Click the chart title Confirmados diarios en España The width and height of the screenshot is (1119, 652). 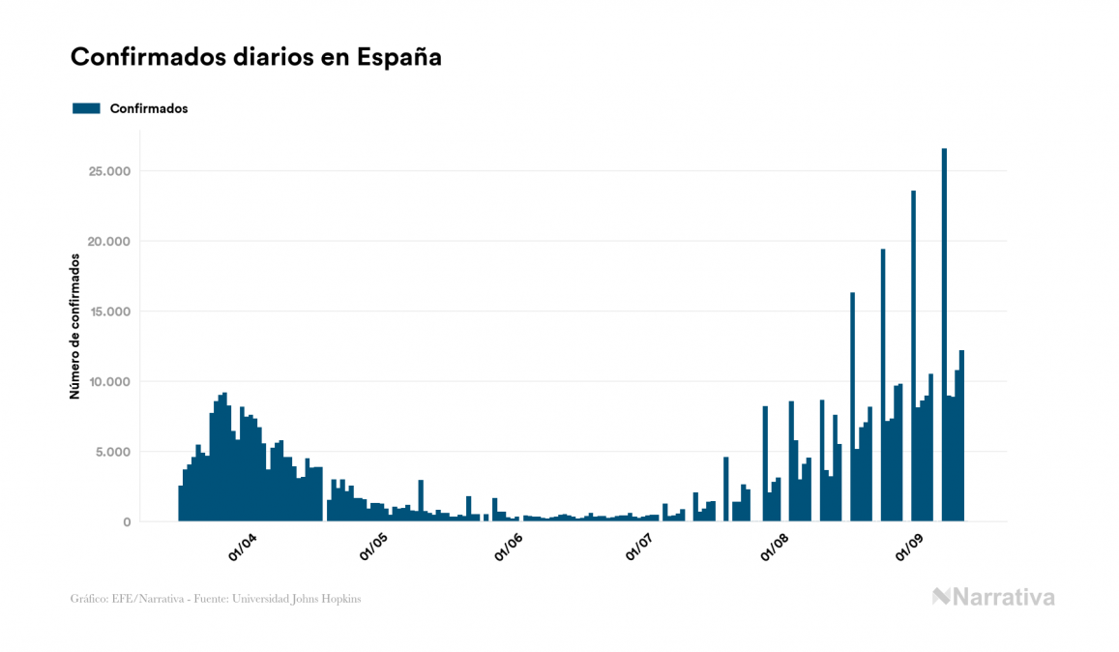(x=256, y=57)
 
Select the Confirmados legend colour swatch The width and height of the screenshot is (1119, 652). (x=87, y=108)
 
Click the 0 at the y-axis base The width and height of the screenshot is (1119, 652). (x=127, y=522)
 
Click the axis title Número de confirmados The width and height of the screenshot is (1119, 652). (x=74, y=326)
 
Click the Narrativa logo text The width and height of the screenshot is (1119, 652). (x=1004, y=597)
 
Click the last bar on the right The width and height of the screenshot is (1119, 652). (x=961, y=435)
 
